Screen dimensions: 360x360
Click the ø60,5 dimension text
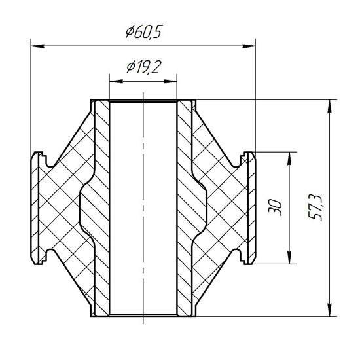(144, 31)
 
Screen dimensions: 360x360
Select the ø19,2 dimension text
(144, 67)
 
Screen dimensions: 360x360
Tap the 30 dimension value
(275, 207)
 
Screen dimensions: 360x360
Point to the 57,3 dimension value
(316, 207)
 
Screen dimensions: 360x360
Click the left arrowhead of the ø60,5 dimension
(37, 46)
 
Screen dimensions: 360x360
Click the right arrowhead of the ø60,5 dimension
(249, 46)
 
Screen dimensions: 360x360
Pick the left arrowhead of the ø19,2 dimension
(116, 81)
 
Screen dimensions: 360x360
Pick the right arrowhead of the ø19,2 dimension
(170, 81)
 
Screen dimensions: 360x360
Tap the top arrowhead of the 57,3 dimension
(330, 107)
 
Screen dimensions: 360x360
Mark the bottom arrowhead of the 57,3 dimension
(330, 310)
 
